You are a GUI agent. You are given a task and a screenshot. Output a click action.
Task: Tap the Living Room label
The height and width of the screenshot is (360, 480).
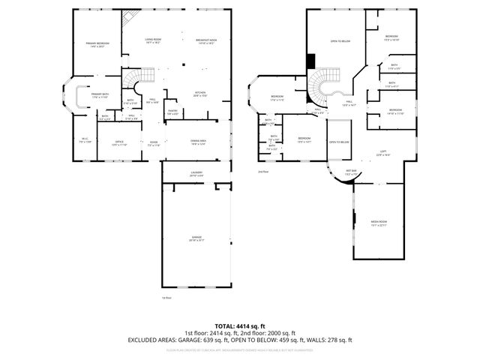point(133,43)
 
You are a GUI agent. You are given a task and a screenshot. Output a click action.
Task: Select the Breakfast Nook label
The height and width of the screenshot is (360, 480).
point(186,43)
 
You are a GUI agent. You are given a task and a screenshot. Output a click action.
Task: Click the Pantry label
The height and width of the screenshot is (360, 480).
point(172,112)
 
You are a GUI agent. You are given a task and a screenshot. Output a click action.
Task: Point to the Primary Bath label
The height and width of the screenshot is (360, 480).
point(100,95)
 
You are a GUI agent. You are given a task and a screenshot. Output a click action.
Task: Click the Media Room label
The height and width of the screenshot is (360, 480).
point(378,223)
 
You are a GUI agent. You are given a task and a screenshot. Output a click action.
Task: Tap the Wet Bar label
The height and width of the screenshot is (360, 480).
point(350,172)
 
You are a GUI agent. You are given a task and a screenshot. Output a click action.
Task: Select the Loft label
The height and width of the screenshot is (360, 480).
point(382,152)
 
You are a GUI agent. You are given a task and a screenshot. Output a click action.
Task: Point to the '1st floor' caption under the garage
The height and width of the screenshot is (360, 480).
point(166,298)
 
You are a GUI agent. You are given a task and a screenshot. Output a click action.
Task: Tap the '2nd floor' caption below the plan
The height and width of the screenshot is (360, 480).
point(262,172)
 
